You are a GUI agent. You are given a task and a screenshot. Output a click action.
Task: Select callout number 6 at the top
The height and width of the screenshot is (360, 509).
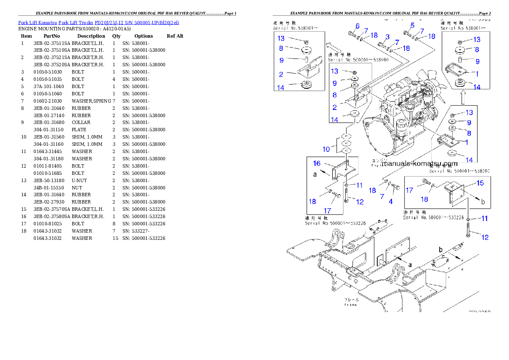357,26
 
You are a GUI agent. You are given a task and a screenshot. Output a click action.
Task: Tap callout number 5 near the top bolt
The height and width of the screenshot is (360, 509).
412,25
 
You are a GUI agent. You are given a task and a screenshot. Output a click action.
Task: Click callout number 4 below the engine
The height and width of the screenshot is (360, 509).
391,201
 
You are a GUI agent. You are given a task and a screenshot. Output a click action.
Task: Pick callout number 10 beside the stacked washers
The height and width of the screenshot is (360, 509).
326,149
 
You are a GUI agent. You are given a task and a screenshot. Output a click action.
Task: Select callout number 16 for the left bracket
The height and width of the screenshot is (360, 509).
317,163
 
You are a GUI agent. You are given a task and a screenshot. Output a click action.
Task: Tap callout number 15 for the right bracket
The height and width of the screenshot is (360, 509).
480,183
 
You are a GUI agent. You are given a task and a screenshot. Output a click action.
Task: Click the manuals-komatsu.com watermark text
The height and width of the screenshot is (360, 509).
419,163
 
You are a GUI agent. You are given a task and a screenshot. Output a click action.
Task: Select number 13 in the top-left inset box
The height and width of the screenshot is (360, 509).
281,38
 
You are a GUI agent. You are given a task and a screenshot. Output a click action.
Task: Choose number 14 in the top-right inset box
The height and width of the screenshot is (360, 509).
476,87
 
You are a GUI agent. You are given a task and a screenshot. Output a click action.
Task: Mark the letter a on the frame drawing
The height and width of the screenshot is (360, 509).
409,265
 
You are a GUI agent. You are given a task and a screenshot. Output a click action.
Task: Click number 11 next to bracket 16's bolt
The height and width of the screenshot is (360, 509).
359,185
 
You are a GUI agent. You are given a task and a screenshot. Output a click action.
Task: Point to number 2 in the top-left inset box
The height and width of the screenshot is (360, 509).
281,74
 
